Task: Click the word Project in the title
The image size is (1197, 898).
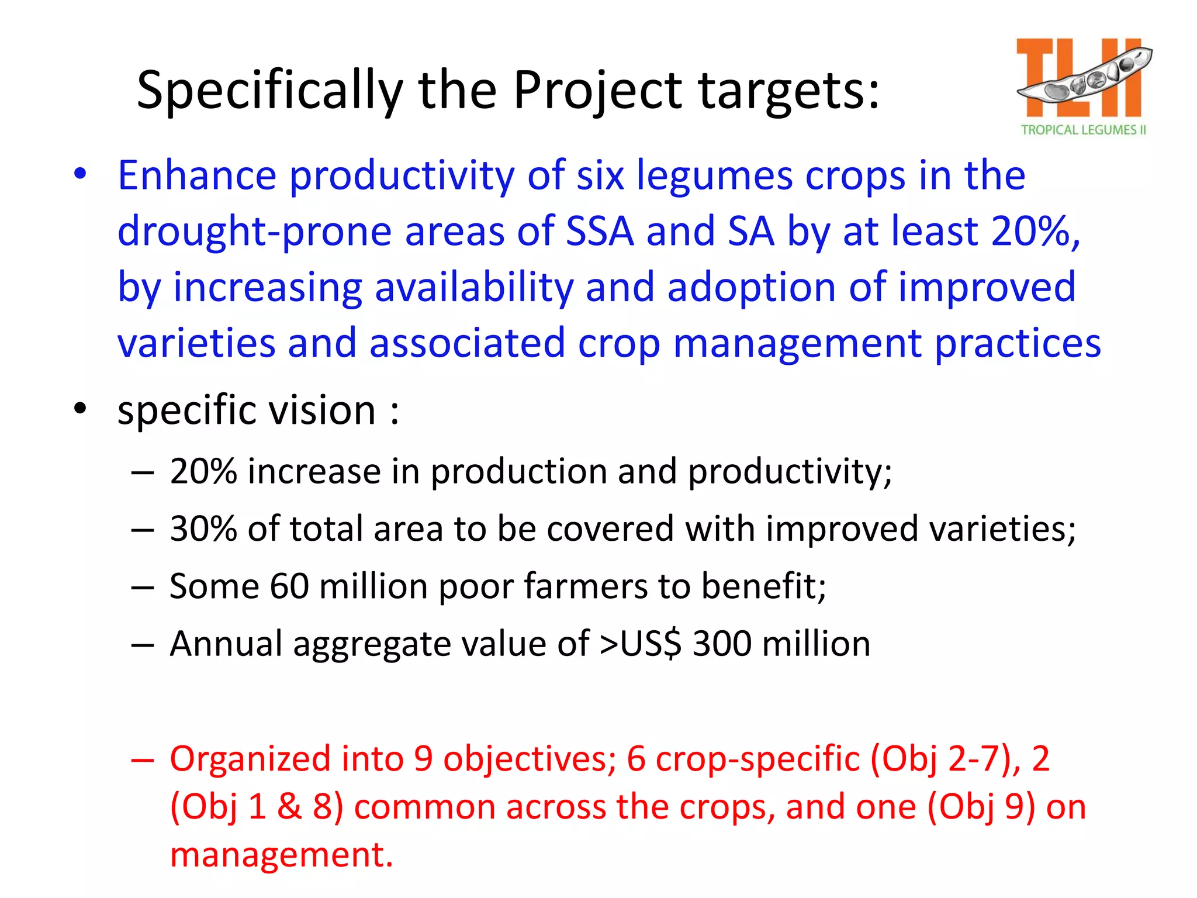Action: pos(597,91)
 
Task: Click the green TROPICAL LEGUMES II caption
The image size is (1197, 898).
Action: pos(1083,130)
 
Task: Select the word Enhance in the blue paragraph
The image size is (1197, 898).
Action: pos(197,175)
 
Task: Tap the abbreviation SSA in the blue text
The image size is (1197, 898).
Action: pos(600,232)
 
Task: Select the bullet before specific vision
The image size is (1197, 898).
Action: pos(80,408)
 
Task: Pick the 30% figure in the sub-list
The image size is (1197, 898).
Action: pos(203,529)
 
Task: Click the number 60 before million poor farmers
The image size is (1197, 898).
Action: pos(289,586)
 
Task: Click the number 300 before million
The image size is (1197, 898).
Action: pos(722,644)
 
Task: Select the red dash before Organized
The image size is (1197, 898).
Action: pos(142,759)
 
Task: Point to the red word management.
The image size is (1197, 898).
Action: pos(281,854)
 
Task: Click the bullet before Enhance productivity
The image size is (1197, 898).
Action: pos(80,174)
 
